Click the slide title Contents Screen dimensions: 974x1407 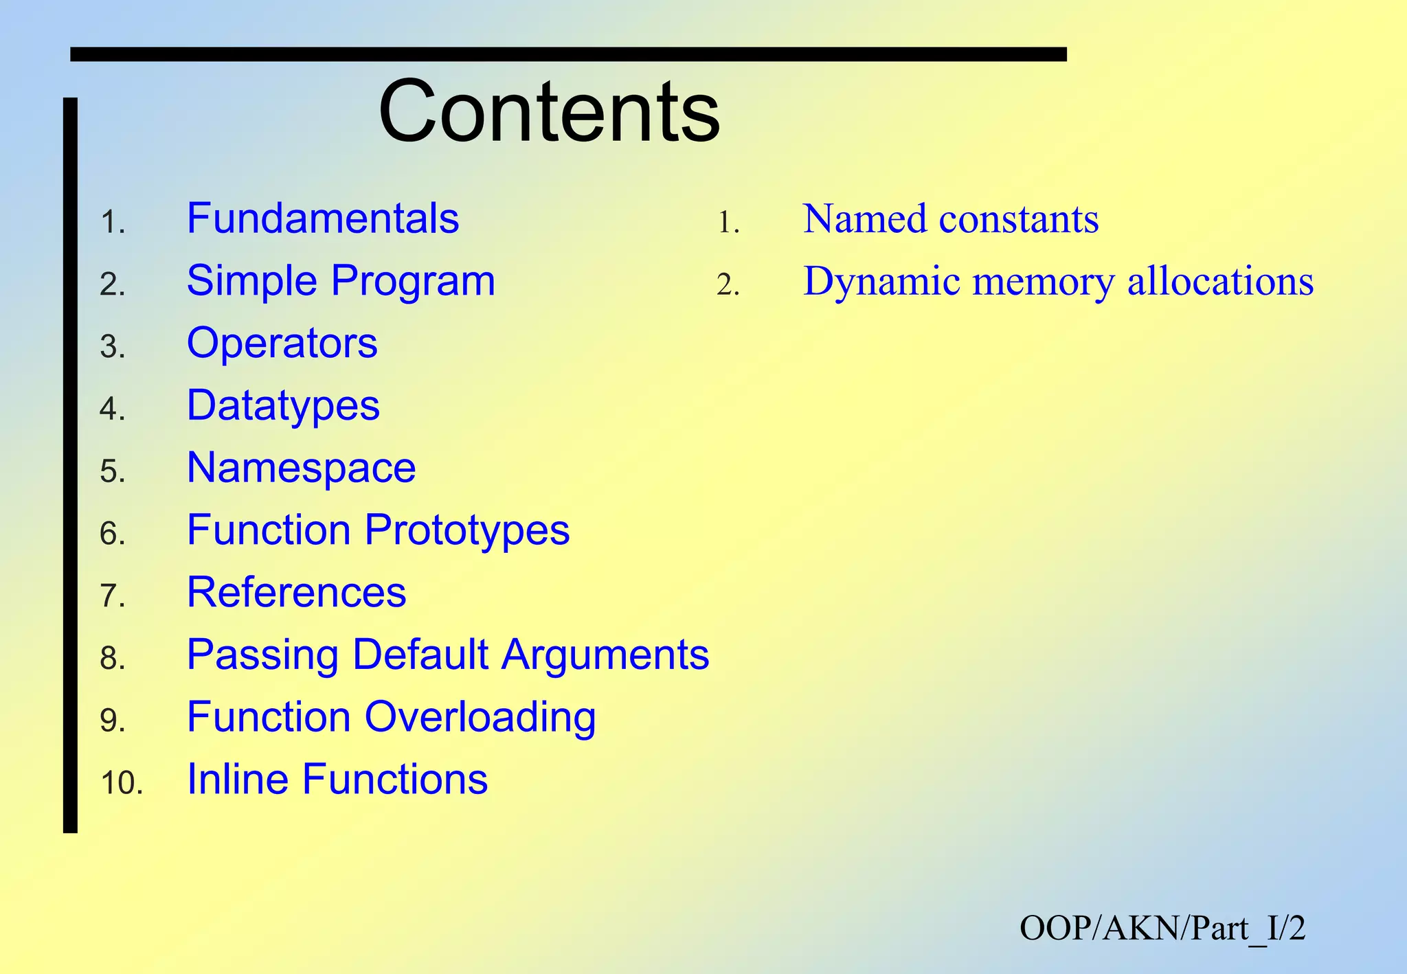[549, 111]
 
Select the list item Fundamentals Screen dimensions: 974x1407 [322, 219]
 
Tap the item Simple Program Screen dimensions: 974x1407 [341, 281]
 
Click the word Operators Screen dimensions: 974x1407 [282, 343]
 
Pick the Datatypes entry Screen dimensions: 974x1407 [283, 405]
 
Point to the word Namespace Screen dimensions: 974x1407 [301, 468]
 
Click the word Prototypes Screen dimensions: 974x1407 [466, 530]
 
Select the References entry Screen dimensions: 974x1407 [296, 592]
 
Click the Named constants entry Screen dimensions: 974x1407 [950, 219]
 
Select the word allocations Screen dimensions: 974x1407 [1220, 282]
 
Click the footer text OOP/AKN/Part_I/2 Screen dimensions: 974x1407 [1162, 928]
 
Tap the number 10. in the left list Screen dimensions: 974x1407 [122, 783]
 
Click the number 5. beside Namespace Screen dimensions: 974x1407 [113, 472]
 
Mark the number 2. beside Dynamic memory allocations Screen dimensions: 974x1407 [728, 285]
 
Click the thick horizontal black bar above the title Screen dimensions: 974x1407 [568, 54]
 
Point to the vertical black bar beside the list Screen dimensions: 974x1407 [70, 465]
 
